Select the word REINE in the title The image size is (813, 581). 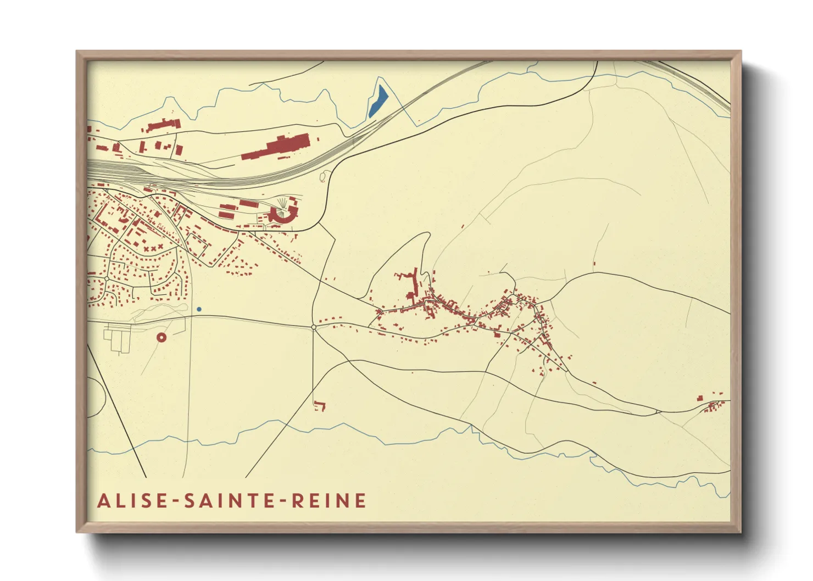click(x=328, y=501)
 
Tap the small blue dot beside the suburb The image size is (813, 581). click(x=199, y=309)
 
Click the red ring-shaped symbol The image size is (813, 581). click(x=162, y=337)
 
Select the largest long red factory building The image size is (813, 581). click(x=277, y=147)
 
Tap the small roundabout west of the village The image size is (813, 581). click(x=314, y=327)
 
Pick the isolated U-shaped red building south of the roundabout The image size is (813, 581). click(x=319, y=406)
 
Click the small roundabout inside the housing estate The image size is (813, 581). click(x=106, y=279)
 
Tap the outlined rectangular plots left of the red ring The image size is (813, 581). click(x=118, y=339)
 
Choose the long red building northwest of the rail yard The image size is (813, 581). click(x=163, y=125)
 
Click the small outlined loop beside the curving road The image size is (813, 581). click(x=323, y=176)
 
